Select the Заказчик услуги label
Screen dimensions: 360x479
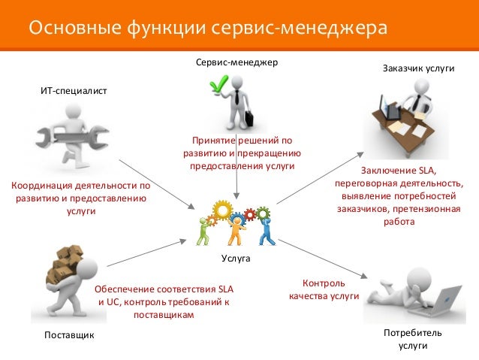click(x=419, y=68)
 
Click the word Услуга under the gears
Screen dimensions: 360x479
click(x=235, y=258)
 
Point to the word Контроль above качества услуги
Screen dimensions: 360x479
click(x=324, y=283)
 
